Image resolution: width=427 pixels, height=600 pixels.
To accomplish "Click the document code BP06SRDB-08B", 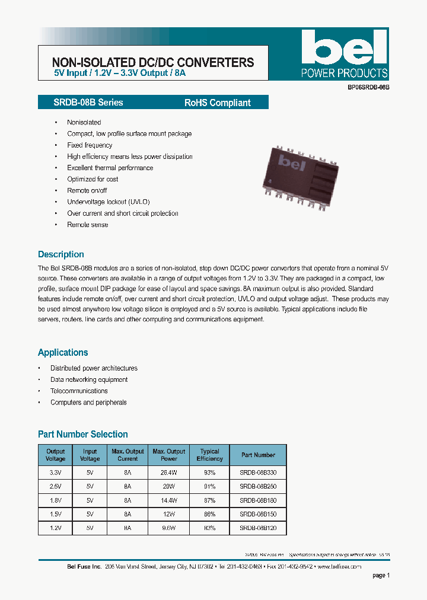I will pos(368,87).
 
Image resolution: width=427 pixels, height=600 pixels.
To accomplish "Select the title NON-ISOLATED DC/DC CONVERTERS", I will pos(153,62).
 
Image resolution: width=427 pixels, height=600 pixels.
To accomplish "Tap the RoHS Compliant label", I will pos(217,103).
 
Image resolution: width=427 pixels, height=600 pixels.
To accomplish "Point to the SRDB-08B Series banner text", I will pos(81,103).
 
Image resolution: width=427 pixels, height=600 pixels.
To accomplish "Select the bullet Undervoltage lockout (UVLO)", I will pos(109,202).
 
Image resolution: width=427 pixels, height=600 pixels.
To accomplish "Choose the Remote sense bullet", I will pos(88,225).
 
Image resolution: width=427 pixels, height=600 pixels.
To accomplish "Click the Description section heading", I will pos(61,254).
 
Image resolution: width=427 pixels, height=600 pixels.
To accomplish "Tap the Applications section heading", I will pos(63,352).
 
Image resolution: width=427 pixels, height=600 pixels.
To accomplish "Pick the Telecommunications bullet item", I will pos(79,391).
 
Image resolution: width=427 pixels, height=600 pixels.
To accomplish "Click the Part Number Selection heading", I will pos(83,434).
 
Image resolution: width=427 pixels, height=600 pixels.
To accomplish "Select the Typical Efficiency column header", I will pos(209,455).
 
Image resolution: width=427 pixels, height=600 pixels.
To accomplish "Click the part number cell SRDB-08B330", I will pos(258,472).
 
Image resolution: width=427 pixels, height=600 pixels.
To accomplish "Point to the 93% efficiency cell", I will pos(209,472).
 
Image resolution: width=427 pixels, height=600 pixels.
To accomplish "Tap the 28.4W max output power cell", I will pos(169,472).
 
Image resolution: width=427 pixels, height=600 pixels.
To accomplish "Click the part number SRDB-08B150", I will pos(258,513).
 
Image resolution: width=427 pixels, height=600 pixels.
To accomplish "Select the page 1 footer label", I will pos(381,575).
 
